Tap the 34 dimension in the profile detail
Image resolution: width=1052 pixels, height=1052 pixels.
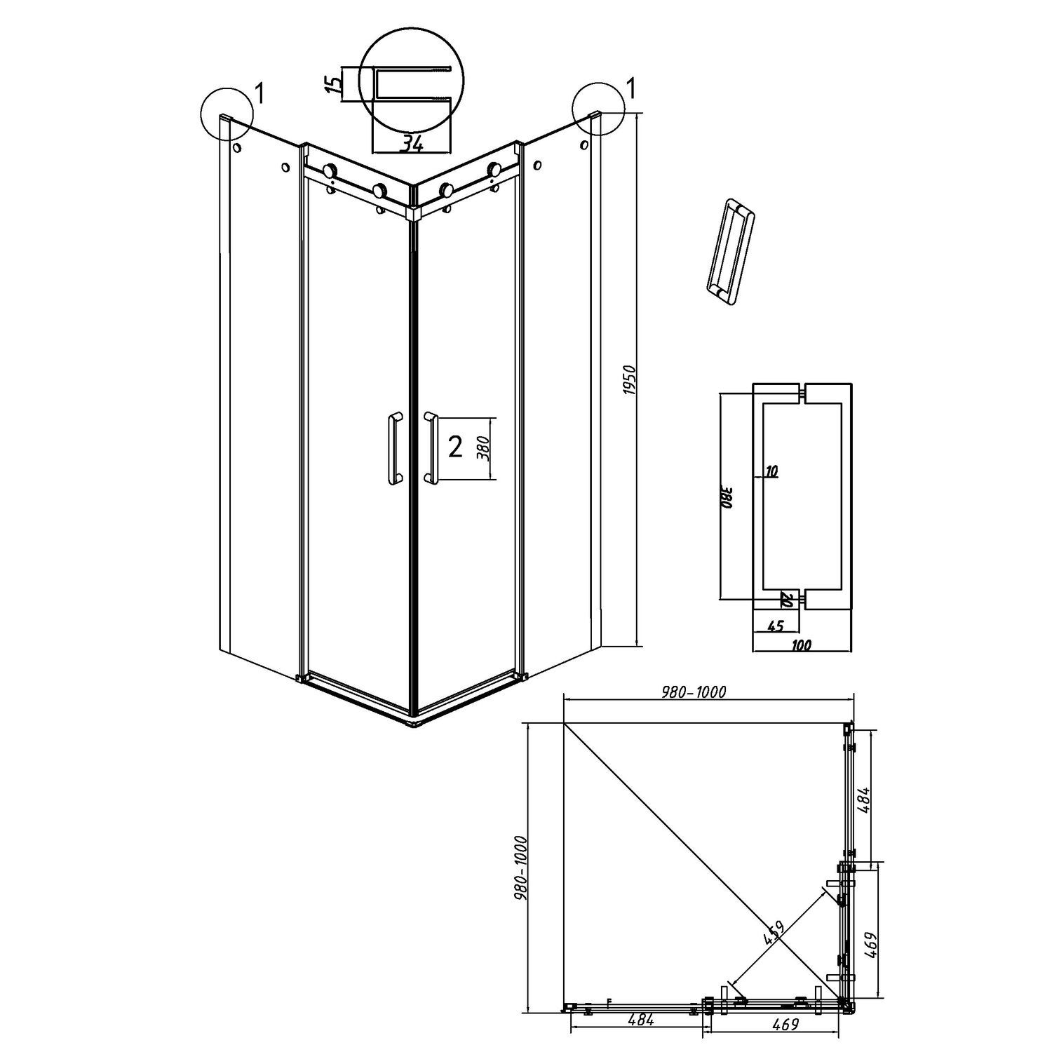412,144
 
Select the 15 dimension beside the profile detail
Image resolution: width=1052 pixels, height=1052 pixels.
337,84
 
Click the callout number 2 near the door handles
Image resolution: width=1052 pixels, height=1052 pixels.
455,447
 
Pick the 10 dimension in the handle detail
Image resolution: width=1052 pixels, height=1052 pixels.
771,472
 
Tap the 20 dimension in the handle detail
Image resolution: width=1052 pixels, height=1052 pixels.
786,600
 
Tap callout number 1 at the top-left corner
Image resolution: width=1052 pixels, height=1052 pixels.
259,92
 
